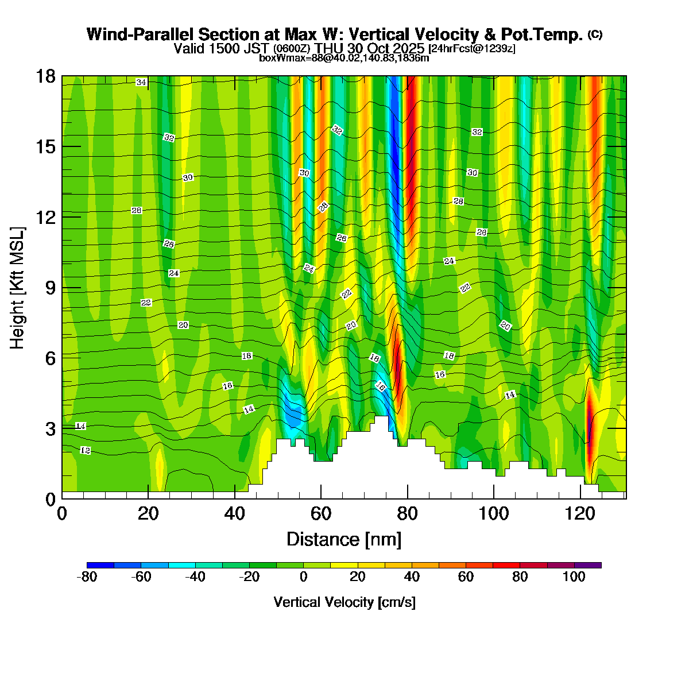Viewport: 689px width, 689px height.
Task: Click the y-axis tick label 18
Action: click(x=45, y=76)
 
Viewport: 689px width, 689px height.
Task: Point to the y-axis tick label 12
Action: click(x=45, y=218)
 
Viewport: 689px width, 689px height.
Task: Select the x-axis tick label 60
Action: click(x=321, y=513)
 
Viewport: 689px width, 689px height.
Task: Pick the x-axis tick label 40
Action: click(x=234, y=513)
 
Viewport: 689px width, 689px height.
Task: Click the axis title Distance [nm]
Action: click(x=344, y=540)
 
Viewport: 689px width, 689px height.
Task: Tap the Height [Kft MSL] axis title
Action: click(x=18, y=288)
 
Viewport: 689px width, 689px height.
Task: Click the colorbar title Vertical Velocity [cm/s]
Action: click(x=344, y=602)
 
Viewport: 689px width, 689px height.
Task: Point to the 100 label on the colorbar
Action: click(x=574, y=578)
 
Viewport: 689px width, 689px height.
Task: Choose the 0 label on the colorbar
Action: click(x=303, y=578)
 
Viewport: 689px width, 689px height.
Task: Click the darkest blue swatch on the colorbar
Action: click(x=100, y=566)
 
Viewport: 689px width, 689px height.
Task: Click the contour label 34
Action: click(x=141, y=83)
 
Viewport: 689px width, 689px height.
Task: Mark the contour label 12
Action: click(x=85, y=451)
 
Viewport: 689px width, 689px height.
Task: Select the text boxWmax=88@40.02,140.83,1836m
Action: click(x=344, y=58)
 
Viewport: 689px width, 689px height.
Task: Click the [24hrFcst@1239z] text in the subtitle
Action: click(x=472, y=49)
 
